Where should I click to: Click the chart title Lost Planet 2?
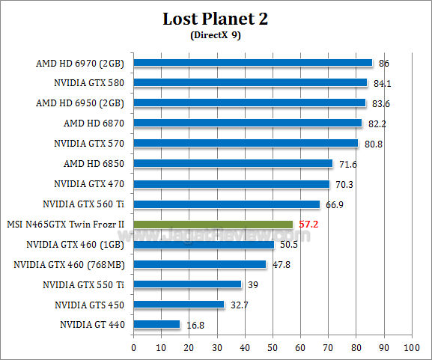(216, 19)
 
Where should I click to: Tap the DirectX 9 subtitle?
(216, 34)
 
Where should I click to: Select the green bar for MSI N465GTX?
(213, 224)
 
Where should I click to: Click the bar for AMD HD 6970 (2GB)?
(253, 63)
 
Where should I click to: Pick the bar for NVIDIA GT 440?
(156, 324)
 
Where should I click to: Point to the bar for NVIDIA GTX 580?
(250, 83)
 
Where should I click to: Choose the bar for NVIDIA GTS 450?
(179, 305)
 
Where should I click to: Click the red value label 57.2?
(309, 224)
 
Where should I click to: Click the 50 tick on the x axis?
(273, 347)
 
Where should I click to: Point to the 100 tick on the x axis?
(410, 347)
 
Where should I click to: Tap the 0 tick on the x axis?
(133, 347)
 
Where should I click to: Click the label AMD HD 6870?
(94, 123)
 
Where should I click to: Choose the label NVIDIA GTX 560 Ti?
(88, 204)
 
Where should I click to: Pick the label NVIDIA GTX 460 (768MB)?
(69, 264)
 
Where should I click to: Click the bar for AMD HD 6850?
(233, 163)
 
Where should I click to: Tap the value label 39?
(252, 284)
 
